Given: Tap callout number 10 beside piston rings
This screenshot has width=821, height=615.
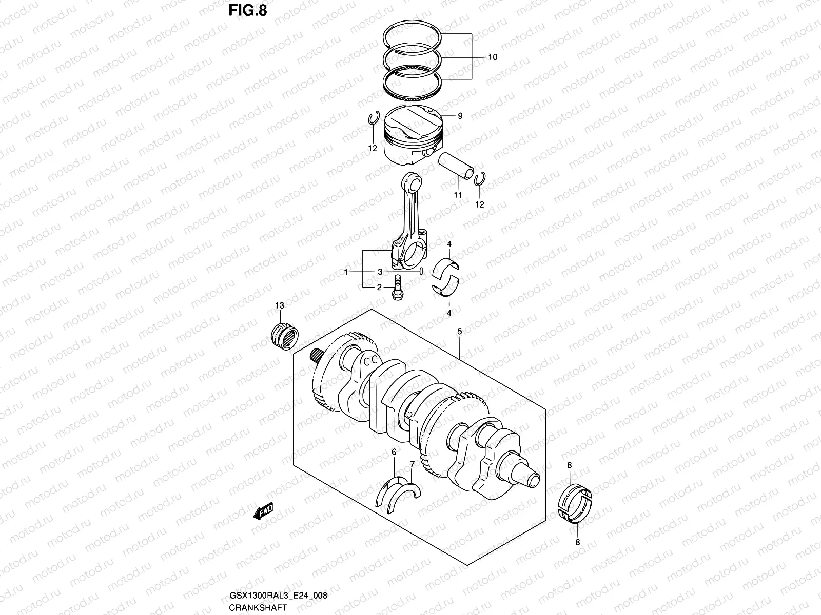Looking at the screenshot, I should [x=492, y=57].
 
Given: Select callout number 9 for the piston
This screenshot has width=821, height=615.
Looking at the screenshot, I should [x=460, y=116].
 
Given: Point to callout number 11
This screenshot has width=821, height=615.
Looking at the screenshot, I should [x=458, y=195].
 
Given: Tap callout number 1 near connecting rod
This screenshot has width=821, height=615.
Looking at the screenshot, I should [x=347, y=272].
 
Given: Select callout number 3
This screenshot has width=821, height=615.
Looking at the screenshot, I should [x=380, y=272].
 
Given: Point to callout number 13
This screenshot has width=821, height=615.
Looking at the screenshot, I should [x=279, y=306].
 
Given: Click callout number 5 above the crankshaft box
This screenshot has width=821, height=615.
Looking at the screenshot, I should [x=460, y=332].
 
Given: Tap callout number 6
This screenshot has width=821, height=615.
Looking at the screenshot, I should [x=394, y=452].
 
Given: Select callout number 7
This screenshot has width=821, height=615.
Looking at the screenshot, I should [x=412, y=464].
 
